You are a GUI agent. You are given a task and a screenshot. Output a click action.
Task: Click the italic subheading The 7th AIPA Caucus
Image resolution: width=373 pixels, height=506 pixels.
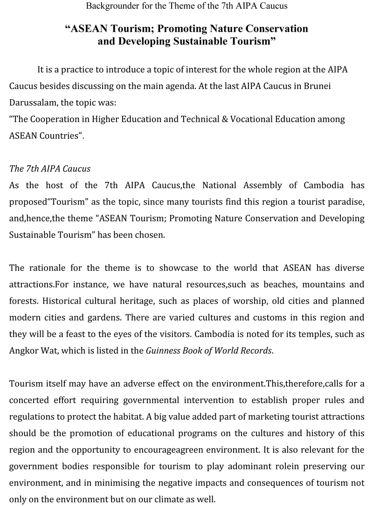(x=50, y=169)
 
